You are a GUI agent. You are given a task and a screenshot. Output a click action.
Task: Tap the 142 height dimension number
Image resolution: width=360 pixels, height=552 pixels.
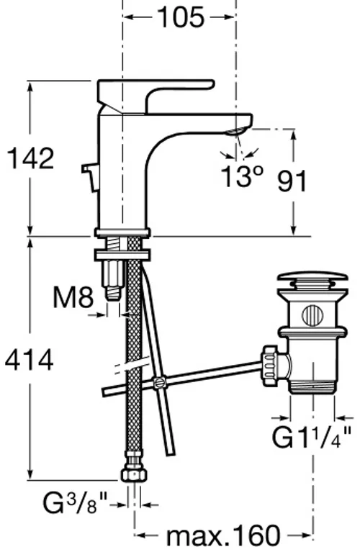[31, 158]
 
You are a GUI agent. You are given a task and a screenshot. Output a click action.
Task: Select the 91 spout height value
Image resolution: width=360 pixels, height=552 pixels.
[292, 181]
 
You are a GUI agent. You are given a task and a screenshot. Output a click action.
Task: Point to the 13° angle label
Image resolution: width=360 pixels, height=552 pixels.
[243, 176]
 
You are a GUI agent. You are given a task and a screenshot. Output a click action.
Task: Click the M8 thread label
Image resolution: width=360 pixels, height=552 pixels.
[73, 297]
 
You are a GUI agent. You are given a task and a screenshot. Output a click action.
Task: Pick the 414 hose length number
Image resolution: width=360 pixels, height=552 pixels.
[30, 359]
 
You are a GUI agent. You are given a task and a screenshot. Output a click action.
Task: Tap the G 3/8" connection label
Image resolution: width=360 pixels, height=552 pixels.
[74, 503]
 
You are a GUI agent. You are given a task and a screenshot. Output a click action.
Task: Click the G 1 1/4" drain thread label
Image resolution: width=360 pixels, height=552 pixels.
[311, 437]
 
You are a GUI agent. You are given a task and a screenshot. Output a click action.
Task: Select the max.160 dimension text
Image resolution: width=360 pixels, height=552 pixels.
[223, 535]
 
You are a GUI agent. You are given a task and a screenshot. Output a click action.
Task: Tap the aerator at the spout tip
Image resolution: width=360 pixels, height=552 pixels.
[234, 132]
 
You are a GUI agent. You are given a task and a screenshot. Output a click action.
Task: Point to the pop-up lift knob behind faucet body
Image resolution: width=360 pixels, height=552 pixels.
[90, 177]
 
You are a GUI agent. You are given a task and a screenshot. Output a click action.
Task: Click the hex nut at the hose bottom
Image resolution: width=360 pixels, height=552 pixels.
[133, 475]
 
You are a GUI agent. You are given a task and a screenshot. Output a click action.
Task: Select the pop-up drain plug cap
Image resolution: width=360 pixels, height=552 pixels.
[312, 277]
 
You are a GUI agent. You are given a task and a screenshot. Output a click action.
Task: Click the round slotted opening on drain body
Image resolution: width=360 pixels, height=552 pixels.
[312, 315]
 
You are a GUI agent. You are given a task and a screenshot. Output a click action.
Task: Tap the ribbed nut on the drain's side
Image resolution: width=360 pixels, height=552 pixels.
[269, 366]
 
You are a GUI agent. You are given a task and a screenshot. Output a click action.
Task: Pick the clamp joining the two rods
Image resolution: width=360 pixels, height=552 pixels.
[159, 382]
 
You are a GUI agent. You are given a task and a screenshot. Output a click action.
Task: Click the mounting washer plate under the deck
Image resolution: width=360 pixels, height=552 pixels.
[122, 255]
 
